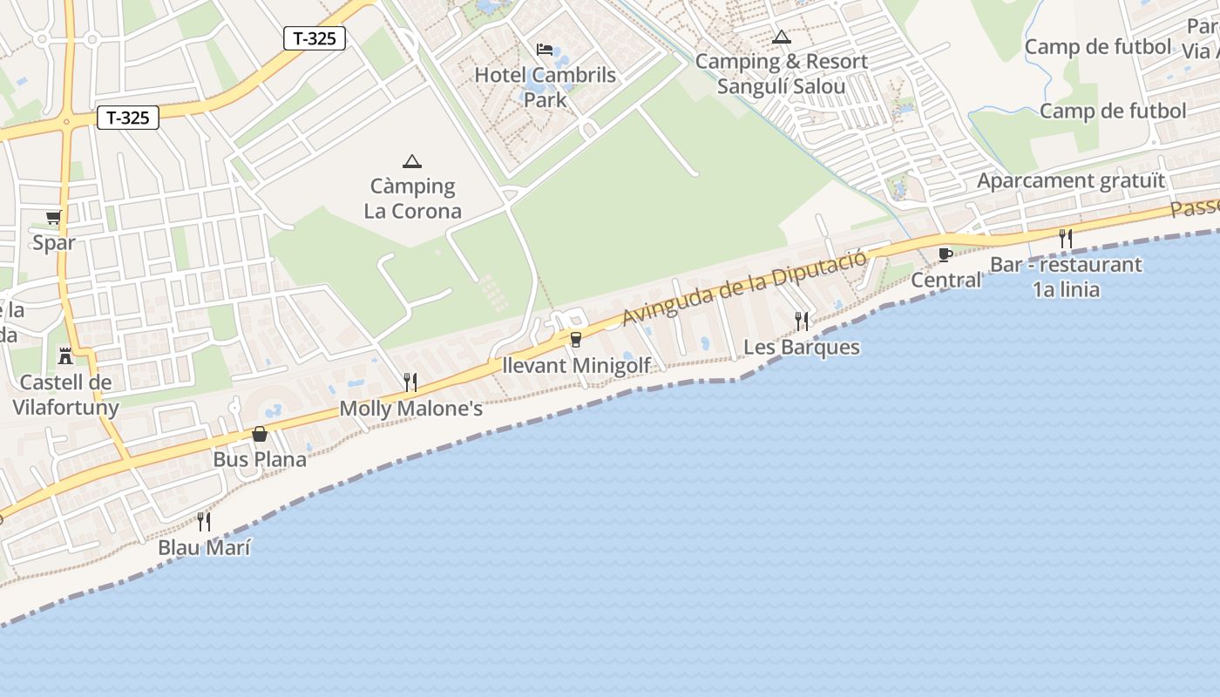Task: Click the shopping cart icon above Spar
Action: (54, 217)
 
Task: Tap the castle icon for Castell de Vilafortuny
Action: (64, 355)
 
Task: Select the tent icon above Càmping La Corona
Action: (412, 160)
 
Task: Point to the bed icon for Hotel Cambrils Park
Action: (545, 50)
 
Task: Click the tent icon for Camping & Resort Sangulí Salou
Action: (782, 37)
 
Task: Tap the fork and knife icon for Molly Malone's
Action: (410, 382)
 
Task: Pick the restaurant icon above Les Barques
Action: (802, 321)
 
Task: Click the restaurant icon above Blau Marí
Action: (204, 521)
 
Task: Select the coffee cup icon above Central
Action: (945, 254)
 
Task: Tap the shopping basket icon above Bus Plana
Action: (260, 434)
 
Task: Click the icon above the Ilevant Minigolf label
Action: (575, 340)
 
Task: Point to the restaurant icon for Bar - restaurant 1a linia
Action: (1065, 238)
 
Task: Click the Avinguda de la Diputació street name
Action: (744, 287)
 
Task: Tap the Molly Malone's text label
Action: (410, 409)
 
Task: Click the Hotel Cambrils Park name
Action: (545, 87)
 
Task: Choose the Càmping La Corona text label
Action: (412, 199)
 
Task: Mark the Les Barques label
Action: (802, 348)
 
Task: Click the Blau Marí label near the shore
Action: (204, 548)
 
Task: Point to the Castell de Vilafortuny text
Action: (65, 395)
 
